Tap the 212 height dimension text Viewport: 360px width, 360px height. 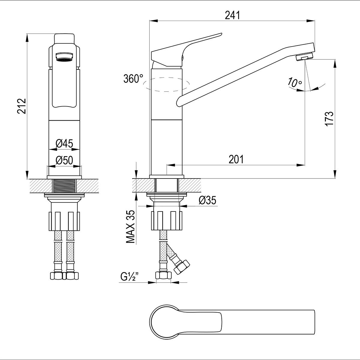click(x=22, y=106)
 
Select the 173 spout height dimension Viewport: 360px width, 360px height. click(x=329, y=119)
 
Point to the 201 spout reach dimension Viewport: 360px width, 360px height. click(x=236, y=159)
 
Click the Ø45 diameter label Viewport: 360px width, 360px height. click(x=64, y=143)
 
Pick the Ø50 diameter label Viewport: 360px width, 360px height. click(x=64, y=160)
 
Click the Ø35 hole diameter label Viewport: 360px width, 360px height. click(x=207, y=200)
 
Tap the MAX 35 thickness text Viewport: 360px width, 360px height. click(x=130, y=226)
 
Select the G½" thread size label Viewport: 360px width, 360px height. click(x=130, y=277)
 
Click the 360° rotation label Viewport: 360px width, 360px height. click(x=133, y=79)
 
